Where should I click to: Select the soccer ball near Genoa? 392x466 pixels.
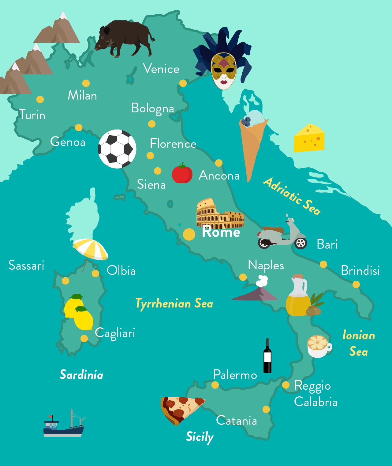tap(117, 149)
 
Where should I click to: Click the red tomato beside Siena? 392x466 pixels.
tap(182, 173)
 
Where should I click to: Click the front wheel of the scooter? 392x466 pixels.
tap(301, 243)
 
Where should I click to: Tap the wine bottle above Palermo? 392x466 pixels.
tap(267, 356)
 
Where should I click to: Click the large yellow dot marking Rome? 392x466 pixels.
tap(189, 235)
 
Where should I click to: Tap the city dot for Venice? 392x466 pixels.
tap(183, 83)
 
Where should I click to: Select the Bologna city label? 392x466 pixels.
tap(152, 108)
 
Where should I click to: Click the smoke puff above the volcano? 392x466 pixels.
tap(262, 281)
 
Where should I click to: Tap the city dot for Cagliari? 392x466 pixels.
tap(84, 338)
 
